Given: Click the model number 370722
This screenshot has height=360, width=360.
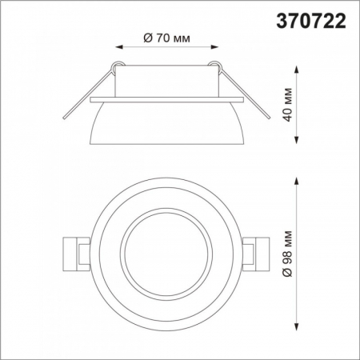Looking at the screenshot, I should coord(310,22).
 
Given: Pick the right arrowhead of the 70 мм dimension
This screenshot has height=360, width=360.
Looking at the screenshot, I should coord(217,47).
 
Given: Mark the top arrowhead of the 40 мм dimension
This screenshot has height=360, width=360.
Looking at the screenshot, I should coord(298,69).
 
